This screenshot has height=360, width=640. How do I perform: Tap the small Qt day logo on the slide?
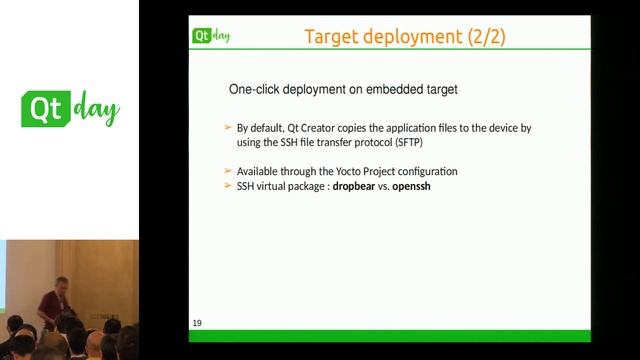(212, 37)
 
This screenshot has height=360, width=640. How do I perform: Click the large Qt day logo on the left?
(70, 109)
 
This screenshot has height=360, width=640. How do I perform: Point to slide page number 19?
(197, 323)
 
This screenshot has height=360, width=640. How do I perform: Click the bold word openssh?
(419, 187)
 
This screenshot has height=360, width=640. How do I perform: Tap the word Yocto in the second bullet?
(331, 172)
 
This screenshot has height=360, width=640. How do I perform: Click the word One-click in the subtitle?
(254, 90)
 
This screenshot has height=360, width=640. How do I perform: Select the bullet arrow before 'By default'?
(227, 129)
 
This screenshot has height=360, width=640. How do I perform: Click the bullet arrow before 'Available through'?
(227, 172)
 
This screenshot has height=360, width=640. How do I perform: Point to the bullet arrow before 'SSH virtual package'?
(227, 187)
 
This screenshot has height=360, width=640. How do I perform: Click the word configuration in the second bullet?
(423, 172)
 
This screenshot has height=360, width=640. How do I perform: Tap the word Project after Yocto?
(370, 172)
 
